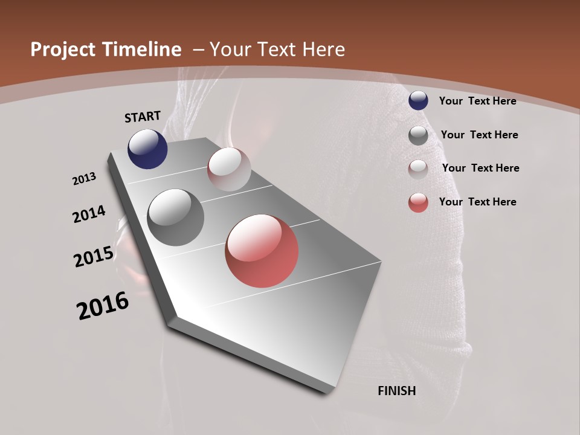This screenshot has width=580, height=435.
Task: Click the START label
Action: click(x=143, y=117)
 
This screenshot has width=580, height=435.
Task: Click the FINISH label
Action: click(x=396, y=391)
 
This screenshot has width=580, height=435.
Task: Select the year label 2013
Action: click(x=84, y=179)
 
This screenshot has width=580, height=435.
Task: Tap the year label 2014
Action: click(x=89, y=214)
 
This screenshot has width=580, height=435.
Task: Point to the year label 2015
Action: click(x=94, y=257)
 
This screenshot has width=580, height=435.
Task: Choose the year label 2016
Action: click(x=103, y=306)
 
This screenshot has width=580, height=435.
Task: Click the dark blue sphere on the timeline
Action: click(x=147, y=149)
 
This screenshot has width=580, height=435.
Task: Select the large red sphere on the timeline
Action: click(x=262, y=251)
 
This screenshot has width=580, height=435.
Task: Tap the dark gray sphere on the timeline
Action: click(x=175, y=217)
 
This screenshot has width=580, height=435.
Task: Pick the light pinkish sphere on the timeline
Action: click(x=229, y=169)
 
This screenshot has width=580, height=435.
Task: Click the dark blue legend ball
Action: click(x=418, y=101)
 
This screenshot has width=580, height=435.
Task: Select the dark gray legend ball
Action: click(x=418, y=135)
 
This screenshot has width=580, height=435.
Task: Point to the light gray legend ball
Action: click(x=418, y=169)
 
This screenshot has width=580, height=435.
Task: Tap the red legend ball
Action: click(x=418, y=202)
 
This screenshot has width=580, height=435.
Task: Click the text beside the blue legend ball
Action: click(x=477, y=101)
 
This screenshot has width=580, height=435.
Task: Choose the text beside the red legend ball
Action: click(x=477, y=202)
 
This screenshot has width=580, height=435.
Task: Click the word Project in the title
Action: click(x=63, y=50)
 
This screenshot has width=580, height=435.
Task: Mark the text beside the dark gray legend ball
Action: click(x=479, y=135)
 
